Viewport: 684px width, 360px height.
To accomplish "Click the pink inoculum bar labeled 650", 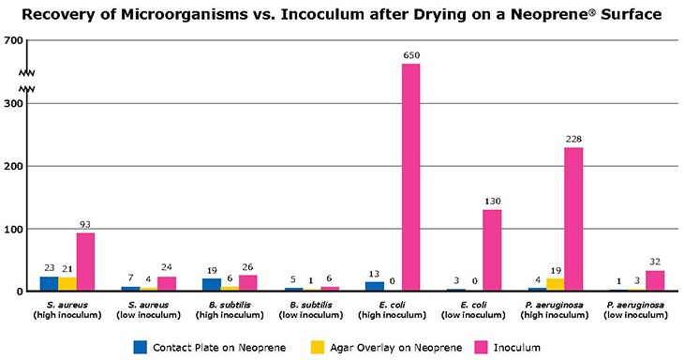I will point(410,177).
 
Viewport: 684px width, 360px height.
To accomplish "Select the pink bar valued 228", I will point(573,219).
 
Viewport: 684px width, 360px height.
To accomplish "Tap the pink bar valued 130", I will point(492,250).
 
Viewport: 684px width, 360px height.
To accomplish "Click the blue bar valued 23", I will point(49,283).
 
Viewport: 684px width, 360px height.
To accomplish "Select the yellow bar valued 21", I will point(67,284).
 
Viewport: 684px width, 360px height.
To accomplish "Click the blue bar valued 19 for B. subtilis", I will point(212,284).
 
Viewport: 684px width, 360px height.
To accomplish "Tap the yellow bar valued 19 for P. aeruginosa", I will point(555,284).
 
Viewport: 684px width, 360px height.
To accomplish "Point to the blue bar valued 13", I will point(375,286).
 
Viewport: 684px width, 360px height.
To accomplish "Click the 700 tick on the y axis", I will point(13,41).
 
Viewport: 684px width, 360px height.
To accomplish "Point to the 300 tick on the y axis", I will point(13,104).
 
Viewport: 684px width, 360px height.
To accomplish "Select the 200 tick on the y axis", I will point(13,166).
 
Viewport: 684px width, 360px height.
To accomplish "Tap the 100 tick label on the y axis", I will point(13,229).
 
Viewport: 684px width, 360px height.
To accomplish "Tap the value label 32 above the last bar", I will point(655,262).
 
